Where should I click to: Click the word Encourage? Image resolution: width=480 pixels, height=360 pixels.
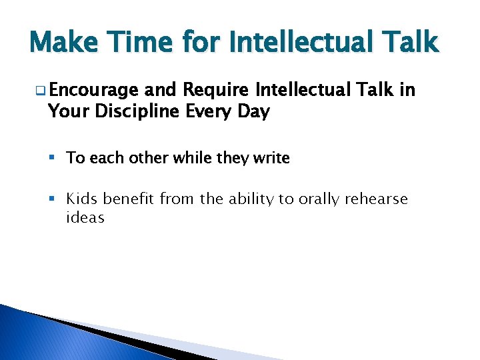pyautogui.click(x=93, y=91)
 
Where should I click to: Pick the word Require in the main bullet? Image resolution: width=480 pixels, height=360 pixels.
pyautogui.click(x=217, y=90)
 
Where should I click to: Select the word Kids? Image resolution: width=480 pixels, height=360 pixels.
pyautogui.click(x=83, y=199)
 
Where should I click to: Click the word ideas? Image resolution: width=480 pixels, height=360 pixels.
pyautogui.click(x=85, y=218)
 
